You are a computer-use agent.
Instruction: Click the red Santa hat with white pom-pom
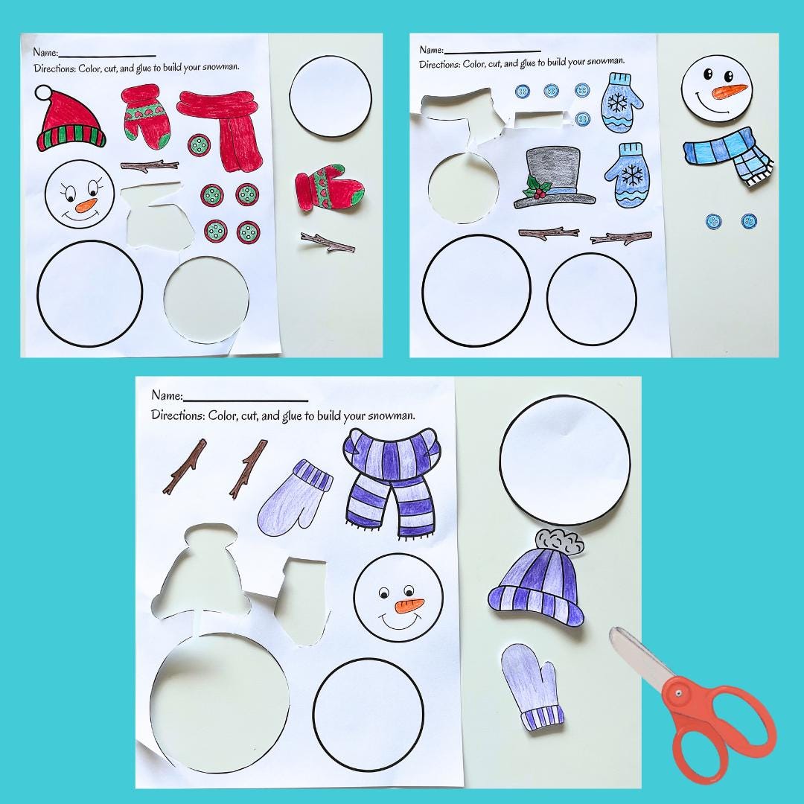pos(71,119)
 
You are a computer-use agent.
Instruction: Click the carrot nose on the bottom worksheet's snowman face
pos(409,604)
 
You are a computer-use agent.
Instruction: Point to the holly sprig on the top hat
pos(534,189)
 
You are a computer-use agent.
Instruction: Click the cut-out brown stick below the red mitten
pos(328,242)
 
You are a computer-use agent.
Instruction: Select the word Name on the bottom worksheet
pos(166,395)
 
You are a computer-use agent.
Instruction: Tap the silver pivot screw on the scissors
pos(679,694)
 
